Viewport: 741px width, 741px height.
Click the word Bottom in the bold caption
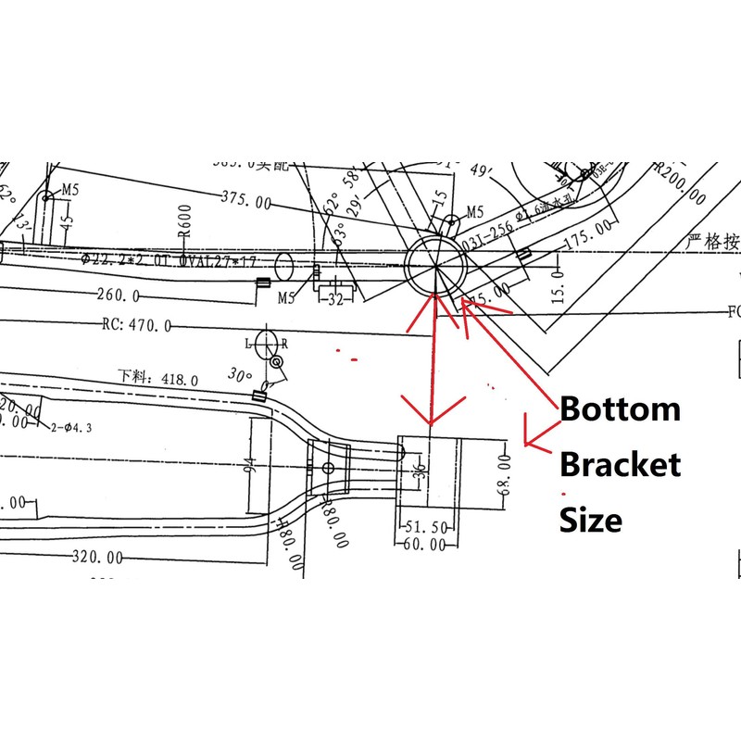point(620,408)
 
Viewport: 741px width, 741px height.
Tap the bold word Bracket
point(620,463)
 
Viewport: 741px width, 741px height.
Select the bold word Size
point(590,520)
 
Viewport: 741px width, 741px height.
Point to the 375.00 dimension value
point(246,199)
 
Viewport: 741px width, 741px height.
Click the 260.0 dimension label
point(117,295)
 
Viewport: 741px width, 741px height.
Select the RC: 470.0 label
point(135,326)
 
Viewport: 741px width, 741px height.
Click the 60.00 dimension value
point(426,545)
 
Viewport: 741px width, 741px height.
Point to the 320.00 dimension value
point(96,558)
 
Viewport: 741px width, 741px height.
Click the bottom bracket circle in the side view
point(435,265)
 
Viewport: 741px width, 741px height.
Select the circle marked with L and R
point(266,342)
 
